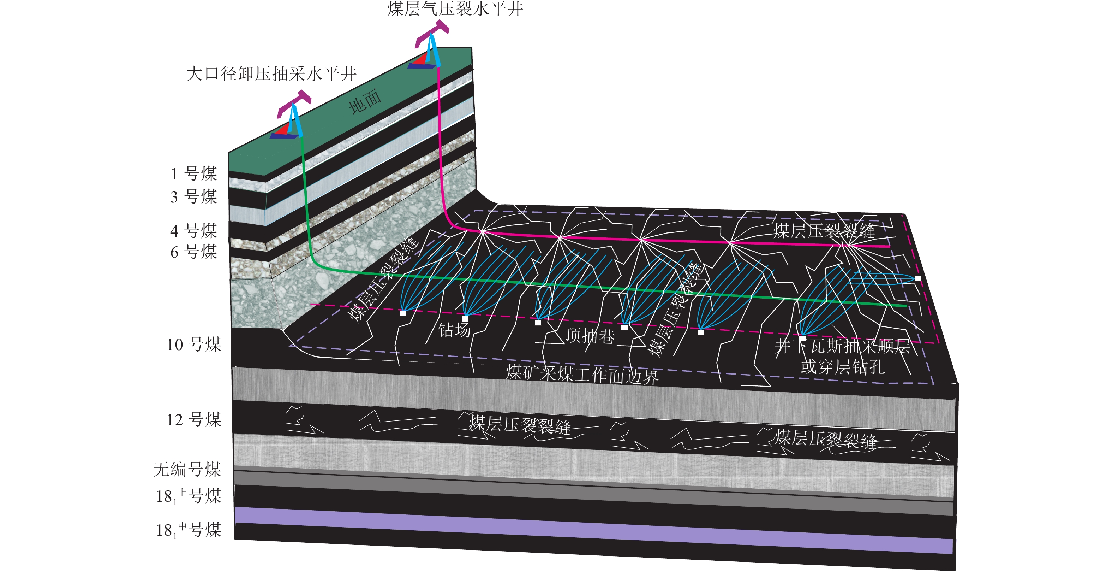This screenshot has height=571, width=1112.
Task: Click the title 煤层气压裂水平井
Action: coord(455,8)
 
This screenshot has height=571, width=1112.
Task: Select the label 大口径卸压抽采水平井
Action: coord(271,74)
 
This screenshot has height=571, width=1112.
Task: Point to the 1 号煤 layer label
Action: coord(194,173)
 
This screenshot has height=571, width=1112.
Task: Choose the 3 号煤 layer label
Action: coord(194,196)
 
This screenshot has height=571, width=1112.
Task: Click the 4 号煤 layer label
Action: coord(194,231)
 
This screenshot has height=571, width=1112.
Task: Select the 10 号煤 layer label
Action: coord(194,344)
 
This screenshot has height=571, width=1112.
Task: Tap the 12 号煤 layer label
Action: coord(194,419)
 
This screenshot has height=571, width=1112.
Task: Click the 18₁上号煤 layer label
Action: coord(189,496)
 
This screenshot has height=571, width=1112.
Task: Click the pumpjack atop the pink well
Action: coord(430,47)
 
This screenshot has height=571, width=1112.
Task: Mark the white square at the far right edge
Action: coord(918,278)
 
